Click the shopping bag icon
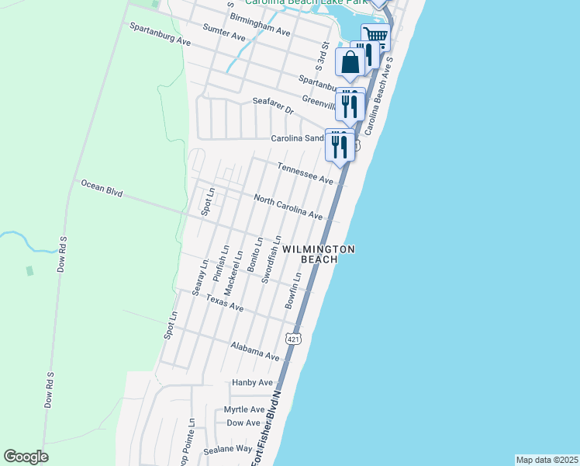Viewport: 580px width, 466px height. pos(350,63)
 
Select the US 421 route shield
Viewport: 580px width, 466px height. pos(292,339)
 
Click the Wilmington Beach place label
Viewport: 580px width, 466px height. pos(319,254)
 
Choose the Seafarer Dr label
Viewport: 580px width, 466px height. pos(274,106)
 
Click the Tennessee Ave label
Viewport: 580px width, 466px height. pos(306,173)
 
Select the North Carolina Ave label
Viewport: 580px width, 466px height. pos(288,204)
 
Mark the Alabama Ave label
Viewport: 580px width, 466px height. pos(255,350)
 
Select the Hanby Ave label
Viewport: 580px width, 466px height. pos(253,382)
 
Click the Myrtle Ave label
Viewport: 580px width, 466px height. pos(244,409)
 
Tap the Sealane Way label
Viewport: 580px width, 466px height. pos(228,449)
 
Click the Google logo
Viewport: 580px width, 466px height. pos(26,457)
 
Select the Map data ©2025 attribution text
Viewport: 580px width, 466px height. pos(547,460)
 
